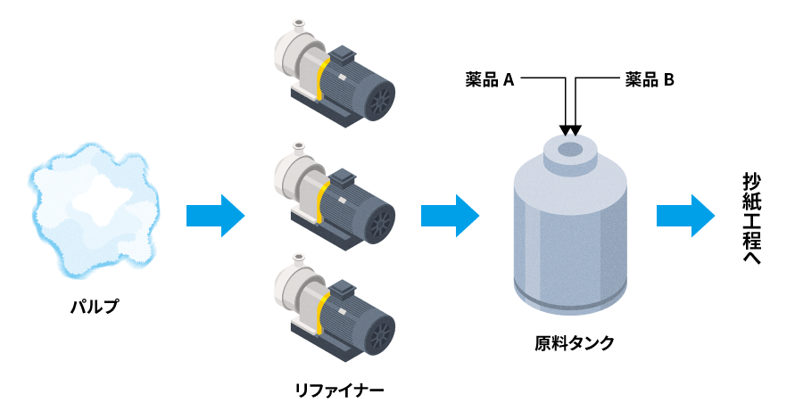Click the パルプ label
pos(94,307)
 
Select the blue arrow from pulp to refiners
pos(215,215)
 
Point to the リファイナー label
pos(340,390)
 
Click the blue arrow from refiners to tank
pos(450,215)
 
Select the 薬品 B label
pos(650,80)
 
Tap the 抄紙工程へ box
pos(751,218)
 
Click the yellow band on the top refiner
pos(319,78)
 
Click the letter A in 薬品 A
pos(509,80)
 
